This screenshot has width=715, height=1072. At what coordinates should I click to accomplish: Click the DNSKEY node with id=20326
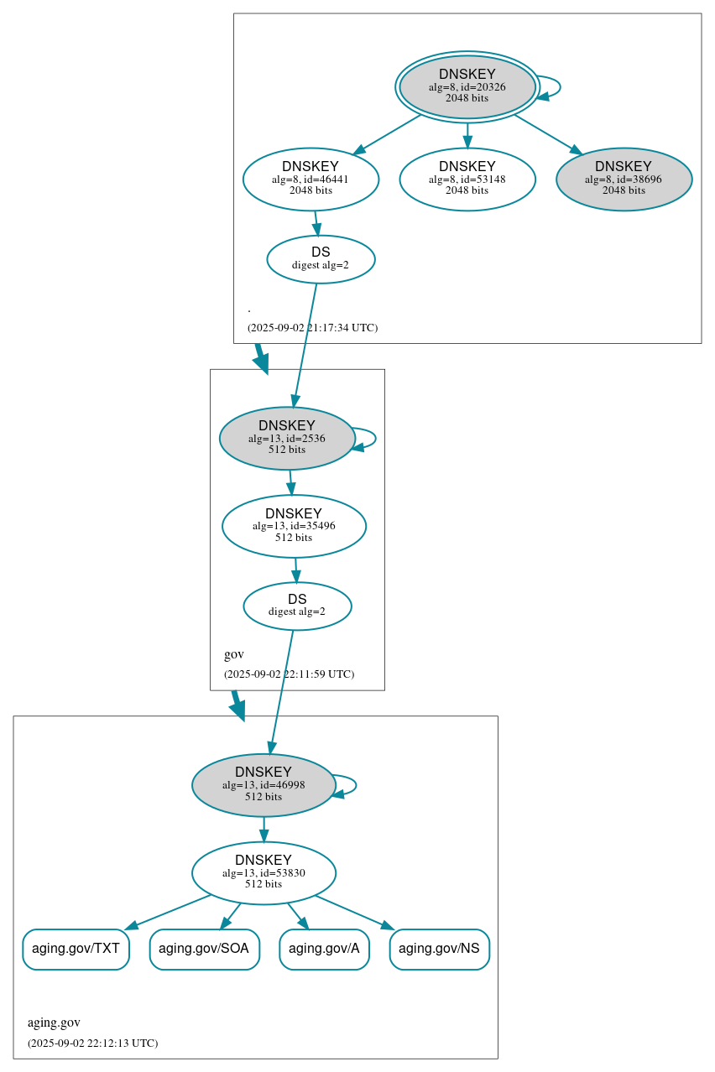(467, 86)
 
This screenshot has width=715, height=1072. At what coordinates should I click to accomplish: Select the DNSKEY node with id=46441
(311, 179)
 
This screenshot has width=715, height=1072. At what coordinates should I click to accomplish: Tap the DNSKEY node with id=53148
(467, 179)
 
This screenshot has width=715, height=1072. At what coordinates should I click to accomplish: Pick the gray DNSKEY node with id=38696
(624, 179)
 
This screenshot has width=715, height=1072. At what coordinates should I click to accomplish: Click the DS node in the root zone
(321, 259)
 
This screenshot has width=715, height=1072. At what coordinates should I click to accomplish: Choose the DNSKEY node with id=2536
(287, 438)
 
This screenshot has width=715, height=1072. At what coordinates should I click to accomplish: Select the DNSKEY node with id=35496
(294, 526)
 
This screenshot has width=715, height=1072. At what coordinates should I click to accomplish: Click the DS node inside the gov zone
(297, 606)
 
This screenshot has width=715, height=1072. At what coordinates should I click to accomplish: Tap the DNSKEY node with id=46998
(264, 785)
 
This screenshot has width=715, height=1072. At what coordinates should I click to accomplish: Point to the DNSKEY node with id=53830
(264, 873)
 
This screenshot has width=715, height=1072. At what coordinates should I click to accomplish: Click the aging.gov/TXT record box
(76, 949)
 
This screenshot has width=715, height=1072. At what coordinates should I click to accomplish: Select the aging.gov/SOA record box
(204, 949)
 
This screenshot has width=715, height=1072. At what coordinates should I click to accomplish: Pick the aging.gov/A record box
(324, 949)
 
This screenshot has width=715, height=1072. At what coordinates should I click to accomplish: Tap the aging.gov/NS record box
(439, 949)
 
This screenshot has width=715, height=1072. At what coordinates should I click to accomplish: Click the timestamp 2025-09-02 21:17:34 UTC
(312, 327)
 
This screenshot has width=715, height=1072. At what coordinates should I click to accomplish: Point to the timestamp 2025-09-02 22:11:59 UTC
(289, 674)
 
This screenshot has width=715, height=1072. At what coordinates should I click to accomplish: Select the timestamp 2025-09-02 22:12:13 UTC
(92, 1043)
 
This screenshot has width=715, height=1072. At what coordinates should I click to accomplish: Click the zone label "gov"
(234, 654)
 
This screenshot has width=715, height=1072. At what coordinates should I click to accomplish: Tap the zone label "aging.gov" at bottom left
(54, 1023)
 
